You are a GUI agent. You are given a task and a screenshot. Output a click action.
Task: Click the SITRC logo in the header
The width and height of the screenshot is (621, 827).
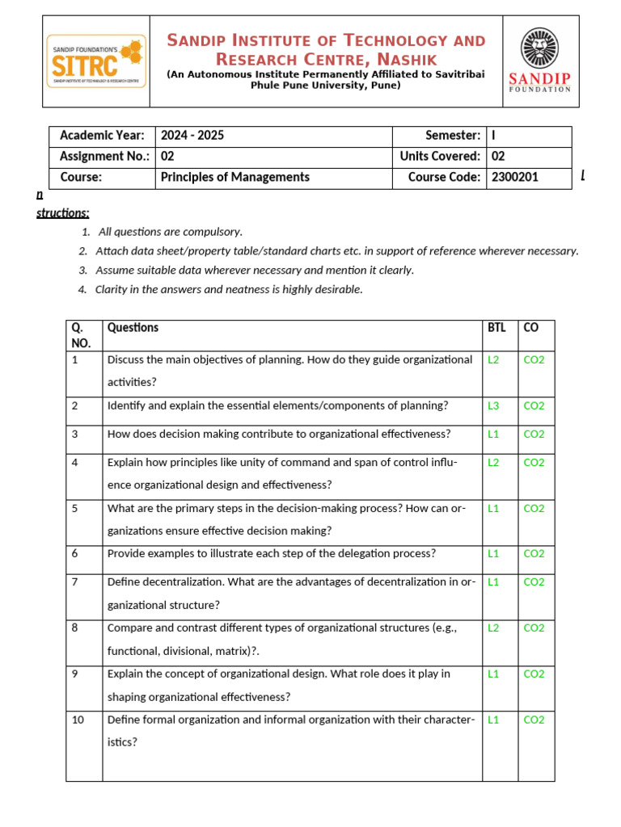(x=96, y=61)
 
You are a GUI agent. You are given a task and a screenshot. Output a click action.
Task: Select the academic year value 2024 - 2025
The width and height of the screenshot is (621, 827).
(x=192, y=136)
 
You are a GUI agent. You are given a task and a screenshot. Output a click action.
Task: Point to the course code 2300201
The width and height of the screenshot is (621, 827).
(x=515, y=177)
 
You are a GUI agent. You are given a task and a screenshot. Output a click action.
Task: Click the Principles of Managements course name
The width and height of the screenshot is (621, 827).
(x=234, y=177)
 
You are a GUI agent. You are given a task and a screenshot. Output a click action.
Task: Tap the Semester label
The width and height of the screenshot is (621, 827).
(x=453, y=136)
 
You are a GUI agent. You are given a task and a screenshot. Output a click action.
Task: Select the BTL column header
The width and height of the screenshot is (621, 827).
(x=496, y=328)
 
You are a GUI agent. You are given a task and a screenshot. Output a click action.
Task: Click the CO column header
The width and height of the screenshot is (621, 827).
(x=531, y=328)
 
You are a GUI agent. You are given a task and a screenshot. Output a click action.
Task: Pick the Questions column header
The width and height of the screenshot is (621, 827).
(x=133, y=328)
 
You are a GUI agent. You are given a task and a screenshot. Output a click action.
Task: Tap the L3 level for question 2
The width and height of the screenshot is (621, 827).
(x=493, y=405)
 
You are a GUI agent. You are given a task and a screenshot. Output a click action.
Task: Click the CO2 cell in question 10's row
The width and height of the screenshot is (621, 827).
(x=534, y=720)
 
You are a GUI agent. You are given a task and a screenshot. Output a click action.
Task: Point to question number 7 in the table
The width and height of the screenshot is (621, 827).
(x=75, y=581)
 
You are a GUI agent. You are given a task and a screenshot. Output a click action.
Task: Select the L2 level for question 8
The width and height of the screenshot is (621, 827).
(x=493, y=628)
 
